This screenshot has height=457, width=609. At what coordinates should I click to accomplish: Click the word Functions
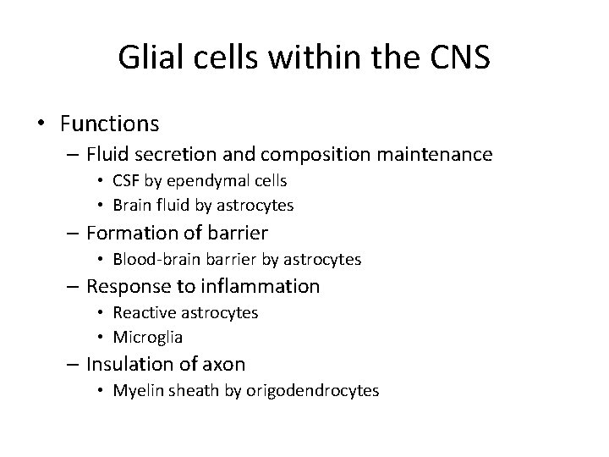coord(109,124)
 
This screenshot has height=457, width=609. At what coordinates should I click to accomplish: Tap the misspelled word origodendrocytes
coord(326,391)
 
